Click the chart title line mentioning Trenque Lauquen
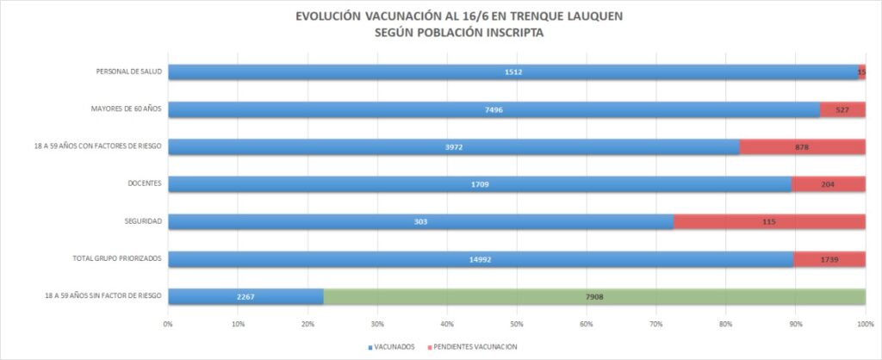pyautogui.click(x=440, y=16)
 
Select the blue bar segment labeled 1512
pyautogui.click(x=512, y=72)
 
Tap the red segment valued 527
pyautogui.click(x=842, y=109)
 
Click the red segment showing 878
pyautogui.click(x=802, y=147)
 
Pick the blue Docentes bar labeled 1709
pyautogui.click(x=479, y=184)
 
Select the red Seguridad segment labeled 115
pyautogui.click(x=769, y=221)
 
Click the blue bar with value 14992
pyautogui.click(x=480, y=258)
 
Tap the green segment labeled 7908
pyautogui.click(x=594, y=296)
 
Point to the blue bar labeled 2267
pyautogui.click(x=245, y=296)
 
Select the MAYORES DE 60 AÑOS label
pyautogui.click(x=127, y=109)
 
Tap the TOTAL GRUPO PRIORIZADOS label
pyautogui.click(x=120, y=258)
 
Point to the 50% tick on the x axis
pyautogui.click(x=516, y=324)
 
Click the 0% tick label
pyautogui.click(x=169, y=324)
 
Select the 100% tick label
pyautogui.click(x=865, y=324)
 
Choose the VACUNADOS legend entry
pyautogui.click(x=393, y=346)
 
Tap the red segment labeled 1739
pyautogui.click(x=829, y=258)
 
